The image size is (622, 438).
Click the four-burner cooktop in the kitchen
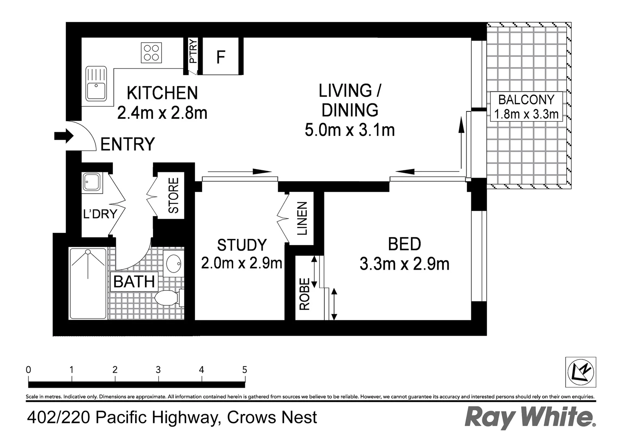(x=151, y=53)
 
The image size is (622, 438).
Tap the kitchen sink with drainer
(x=96, y=84)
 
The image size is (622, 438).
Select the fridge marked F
(x=220, y=56)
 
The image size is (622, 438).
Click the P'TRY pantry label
(x=193, y=52)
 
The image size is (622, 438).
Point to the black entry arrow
(x=64, y=136)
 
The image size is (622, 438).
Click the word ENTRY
(x=127, y=144)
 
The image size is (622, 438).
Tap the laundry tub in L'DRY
(x=92, y=182)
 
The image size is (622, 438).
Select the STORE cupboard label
(x=173, y=195)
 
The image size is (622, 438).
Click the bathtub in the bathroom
(x=88, y=283)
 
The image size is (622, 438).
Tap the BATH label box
(x=134, y=281)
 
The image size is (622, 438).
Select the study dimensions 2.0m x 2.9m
(x=242, y=263)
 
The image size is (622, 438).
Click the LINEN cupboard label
(x=302, y=218)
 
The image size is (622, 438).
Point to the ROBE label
(x=305, y=294)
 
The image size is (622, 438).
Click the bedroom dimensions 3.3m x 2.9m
(x=404, y=264)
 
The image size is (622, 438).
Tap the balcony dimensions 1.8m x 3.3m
(x=526, y=114)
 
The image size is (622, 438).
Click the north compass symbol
(x=581, y=372)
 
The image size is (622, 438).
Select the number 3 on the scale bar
(x=158, y=369)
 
